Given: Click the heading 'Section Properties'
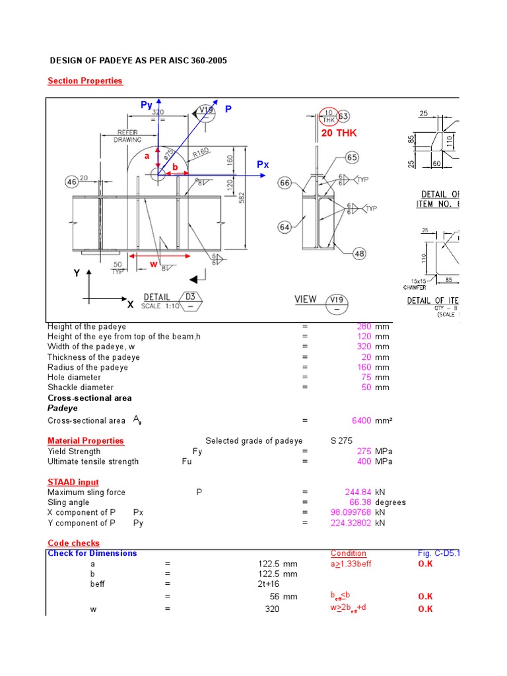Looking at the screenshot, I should (84, 81).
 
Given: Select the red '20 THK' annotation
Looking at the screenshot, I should (339, 133).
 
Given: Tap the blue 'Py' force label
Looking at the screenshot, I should (147, 105).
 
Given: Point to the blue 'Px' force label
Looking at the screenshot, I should (263, 164).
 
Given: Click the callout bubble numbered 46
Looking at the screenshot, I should (71, 182).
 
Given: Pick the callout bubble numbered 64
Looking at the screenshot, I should (285, 228).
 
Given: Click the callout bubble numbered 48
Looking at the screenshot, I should (359, 253).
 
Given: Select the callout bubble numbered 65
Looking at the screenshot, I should (352, 158).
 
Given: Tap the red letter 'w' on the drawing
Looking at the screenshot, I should (153, 264).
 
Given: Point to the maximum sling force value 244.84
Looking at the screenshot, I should (358, 492).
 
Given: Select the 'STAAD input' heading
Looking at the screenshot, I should (73, 482).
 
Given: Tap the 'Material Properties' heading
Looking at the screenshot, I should (85, 440).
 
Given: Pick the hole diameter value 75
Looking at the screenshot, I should (366, 378).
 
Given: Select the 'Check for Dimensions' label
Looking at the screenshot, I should (92, 553).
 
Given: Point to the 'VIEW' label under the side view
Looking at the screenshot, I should (305, 299).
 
